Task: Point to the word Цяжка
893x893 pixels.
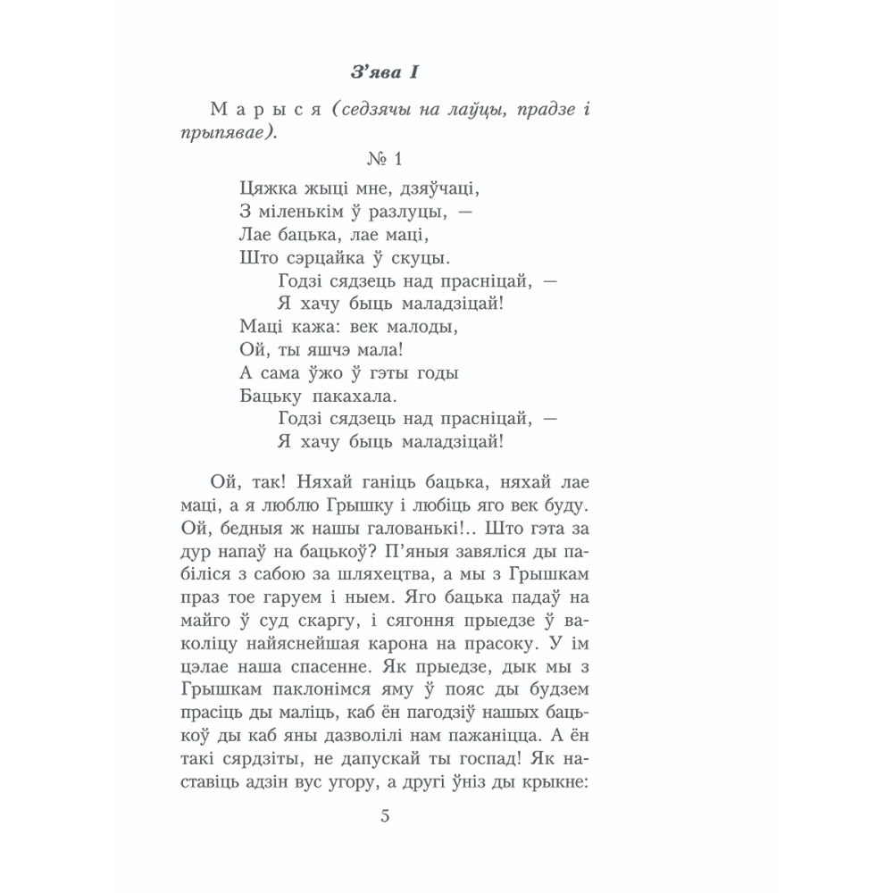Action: coord(266,189)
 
